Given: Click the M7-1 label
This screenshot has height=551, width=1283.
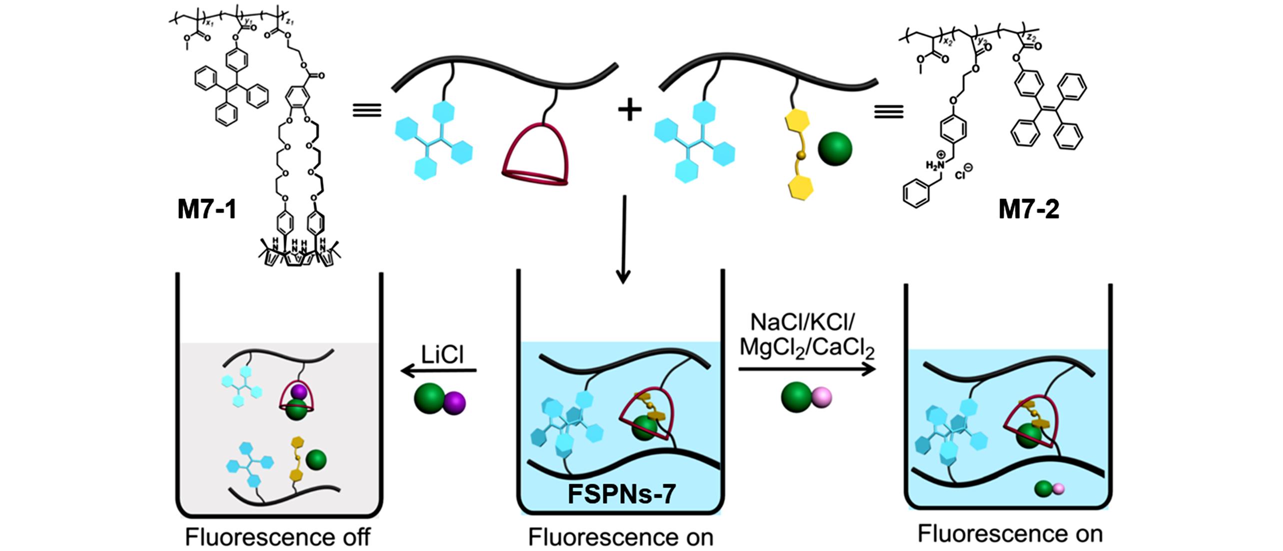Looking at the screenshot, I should [207, 209].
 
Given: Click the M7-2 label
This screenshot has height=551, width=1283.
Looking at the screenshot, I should [1029, 209].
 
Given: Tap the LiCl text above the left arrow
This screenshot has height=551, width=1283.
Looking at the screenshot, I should [442, 355].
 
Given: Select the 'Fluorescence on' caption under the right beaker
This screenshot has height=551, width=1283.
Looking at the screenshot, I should [1010, 534].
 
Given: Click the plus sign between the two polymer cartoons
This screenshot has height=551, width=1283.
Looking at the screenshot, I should [630, 110].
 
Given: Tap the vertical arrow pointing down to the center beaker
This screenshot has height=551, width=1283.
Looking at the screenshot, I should [623, 240].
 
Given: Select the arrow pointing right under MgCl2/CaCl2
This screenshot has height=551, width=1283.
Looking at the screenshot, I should [807, 369].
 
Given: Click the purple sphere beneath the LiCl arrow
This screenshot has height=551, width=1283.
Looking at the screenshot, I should [454, 403].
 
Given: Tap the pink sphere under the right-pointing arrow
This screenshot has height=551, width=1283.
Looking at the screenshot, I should [822, 398].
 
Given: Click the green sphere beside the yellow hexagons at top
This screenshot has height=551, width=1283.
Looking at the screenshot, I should [835, 148].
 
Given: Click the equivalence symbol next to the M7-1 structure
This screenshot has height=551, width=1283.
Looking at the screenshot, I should [367, 110].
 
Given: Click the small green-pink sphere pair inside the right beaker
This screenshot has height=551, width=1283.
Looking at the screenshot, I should [1049, 489].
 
